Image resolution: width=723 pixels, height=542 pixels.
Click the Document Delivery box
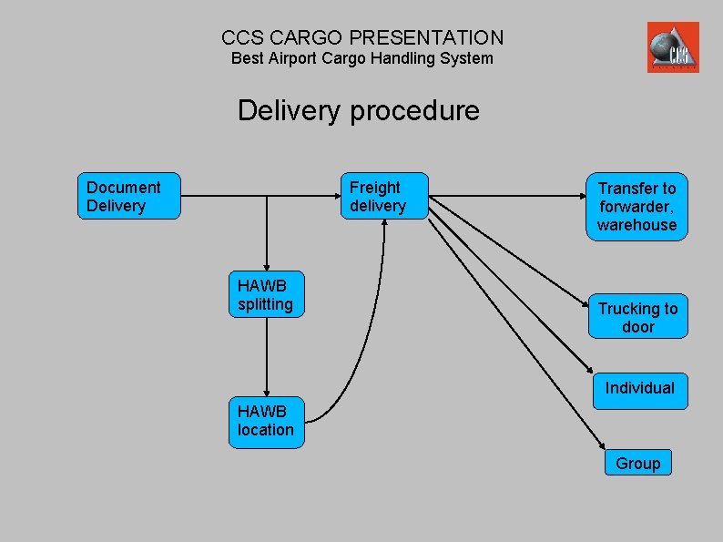click(129, 197)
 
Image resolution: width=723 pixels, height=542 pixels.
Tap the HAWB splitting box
click(266, 294)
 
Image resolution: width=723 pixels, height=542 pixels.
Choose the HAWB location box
click(266, 421)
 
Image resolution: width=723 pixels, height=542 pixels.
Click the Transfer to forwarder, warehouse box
click(636, 206)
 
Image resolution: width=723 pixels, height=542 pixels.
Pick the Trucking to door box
click(637, 317)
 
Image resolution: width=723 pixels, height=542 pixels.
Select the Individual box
click(639, 390)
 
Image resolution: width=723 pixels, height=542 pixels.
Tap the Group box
click(637, 463)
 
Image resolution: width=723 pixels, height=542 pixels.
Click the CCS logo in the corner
click(673, 47)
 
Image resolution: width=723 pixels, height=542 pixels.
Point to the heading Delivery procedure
click(358, 111)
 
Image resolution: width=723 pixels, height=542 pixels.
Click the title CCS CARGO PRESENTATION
click(361, 37)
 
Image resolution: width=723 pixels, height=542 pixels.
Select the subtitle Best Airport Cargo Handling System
click(361, 58)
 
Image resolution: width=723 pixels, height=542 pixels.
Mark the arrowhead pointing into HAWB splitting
click(267, 265)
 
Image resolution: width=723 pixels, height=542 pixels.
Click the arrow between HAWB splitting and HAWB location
click(267, 355)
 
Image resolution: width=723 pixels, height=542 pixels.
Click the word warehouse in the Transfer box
click(636, 225)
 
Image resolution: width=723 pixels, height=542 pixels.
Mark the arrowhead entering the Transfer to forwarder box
click(579, 196)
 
